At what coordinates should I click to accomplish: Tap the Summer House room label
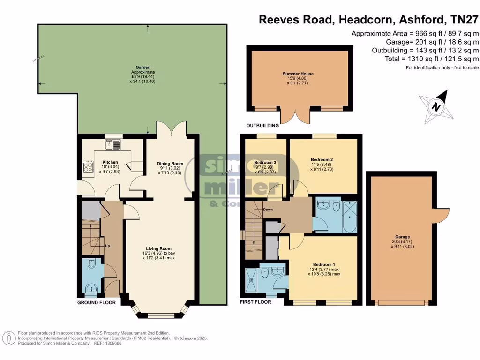pos(298,74)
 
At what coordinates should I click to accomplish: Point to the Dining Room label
pos(170,164)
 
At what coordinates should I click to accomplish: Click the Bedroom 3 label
pos(265,162)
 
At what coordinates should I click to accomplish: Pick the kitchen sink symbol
pos(112,144)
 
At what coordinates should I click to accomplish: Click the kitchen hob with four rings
pos(88,166)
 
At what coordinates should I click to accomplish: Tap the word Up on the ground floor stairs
pos(107,246)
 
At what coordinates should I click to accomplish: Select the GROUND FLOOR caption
pos(96,303)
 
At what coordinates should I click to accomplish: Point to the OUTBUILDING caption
pos(263,126)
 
